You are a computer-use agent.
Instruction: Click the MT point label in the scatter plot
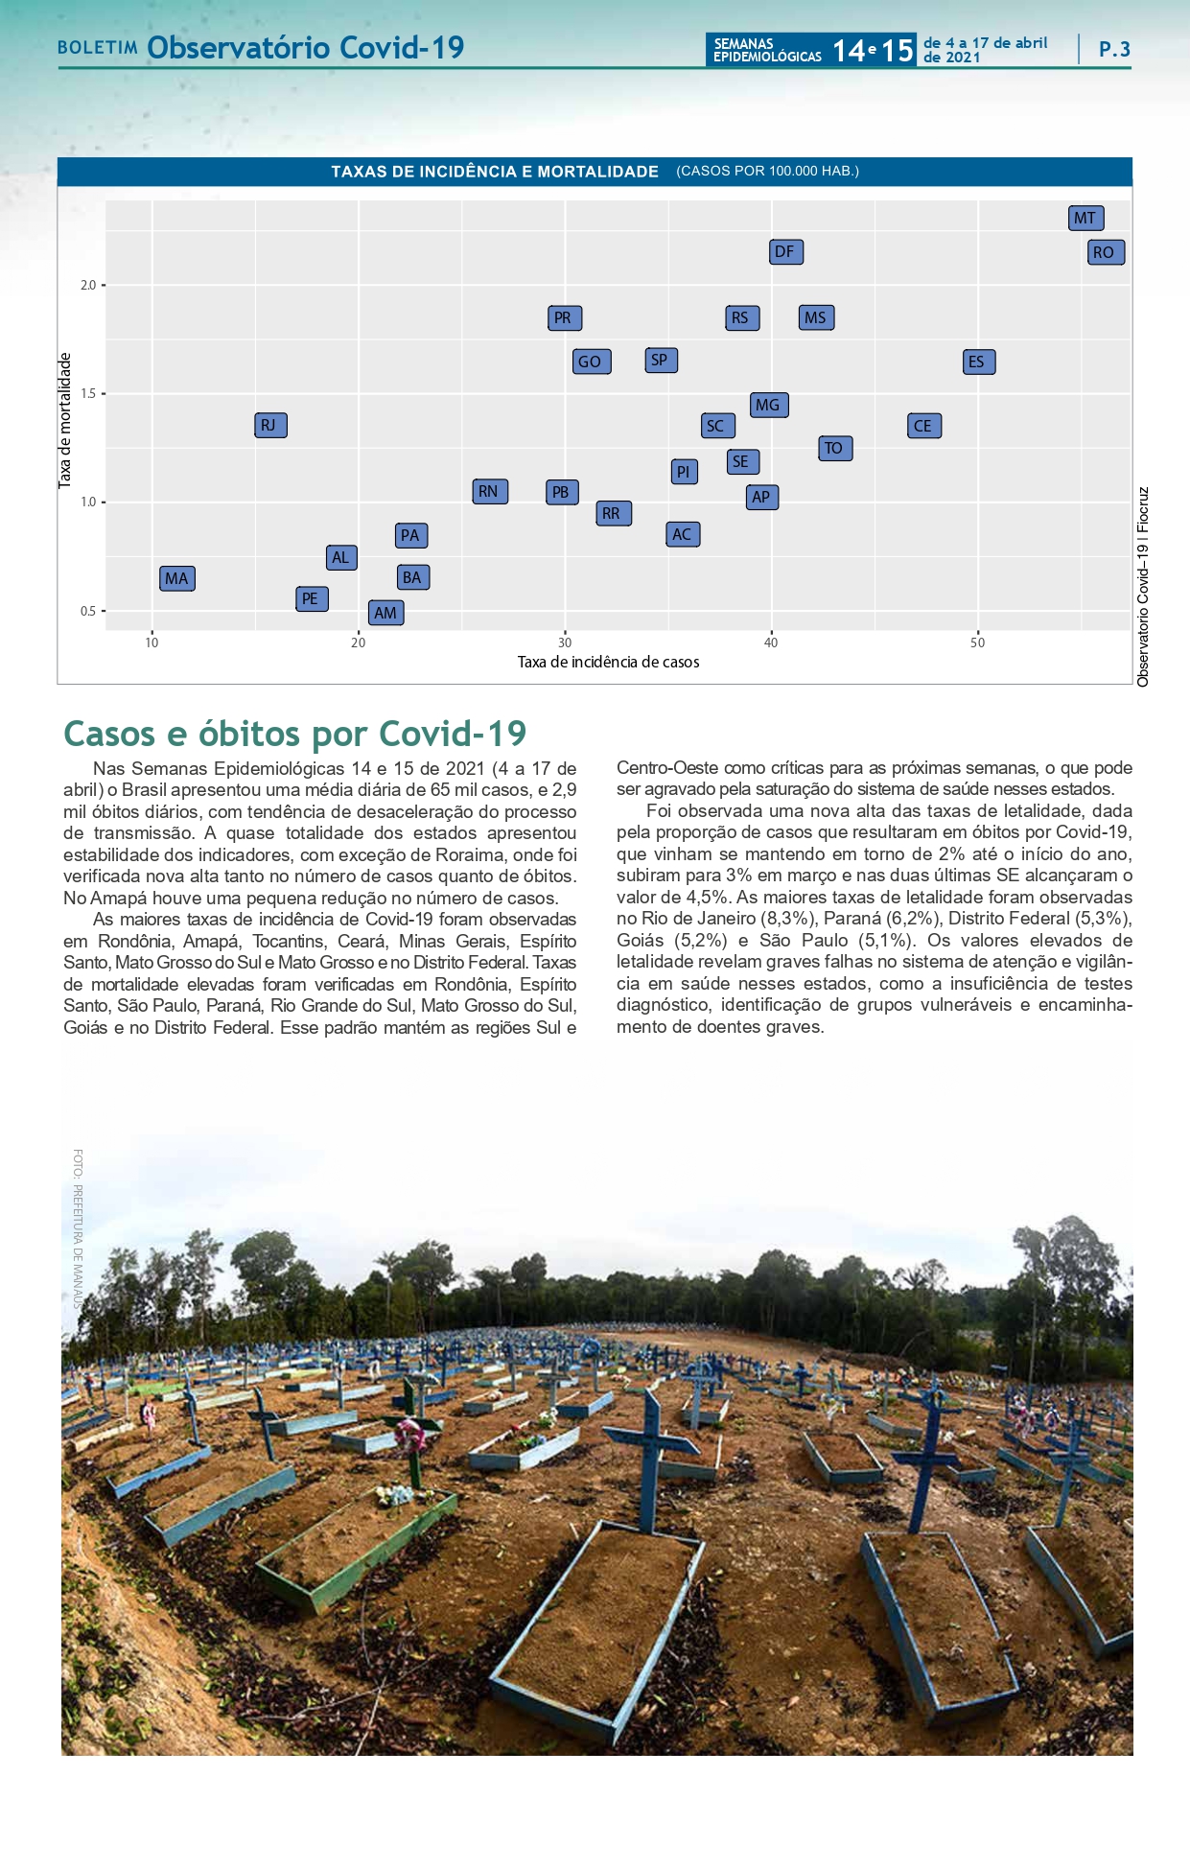1085,218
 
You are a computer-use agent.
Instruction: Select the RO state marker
1105,252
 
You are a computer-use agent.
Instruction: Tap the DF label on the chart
785,251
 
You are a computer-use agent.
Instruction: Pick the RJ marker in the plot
269,425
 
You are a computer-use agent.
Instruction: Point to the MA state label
176,578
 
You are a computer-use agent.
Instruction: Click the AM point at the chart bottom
385,613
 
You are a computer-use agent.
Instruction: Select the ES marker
978,362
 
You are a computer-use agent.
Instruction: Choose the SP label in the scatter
660,361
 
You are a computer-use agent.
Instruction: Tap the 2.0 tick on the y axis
88,285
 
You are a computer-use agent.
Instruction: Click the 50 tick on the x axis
977,642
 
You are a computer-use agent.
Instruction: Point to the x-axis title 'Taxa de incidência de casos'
608,662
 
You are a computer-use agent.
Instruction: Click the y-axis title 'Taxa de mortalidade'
65,420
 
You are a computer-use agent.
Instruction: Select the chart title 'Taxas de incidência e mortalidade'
495,172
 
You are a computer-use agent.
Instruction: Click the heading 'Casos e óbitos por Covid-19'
295,734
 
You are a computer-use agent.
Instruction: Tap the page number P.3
1114,49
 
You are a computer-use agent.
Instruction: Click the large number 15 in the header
898,50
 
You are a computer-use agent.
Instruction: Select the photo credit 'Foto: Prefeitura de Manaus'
78,1227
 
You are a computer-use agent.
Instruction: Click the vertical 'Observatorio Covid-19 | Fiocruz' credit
1143,587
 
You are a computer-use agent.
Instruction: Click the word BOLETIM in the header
98,48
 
